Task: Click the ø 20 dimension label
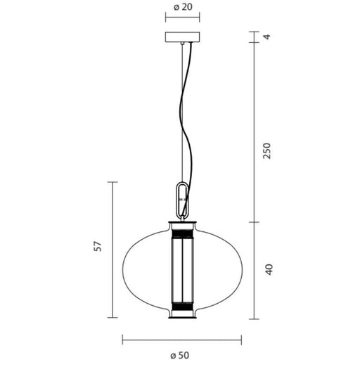pyautogui.click(x=183, y=7)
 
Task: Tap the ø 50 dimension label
pyautogui.click(x=179, y=356)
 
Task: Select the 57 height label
pyautogui.click(x=98, y=246)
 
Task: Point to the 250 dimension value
pyautogui.click(x=267, y=150)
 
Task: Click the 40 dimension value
pyautogui.click(x=269, y=269)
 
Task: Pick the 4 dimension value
pyautogui.click(x=266, y=37)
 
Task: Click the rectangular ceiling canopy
pyautogui.click(x=183, y=37)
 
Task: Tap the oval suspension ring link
pyautogui.click(x=182, y=200)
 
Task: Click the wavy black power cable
pyautogui.click(x=186, y=131)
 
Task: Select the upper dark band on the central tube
pyautogui.click(x=183, y=234)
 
